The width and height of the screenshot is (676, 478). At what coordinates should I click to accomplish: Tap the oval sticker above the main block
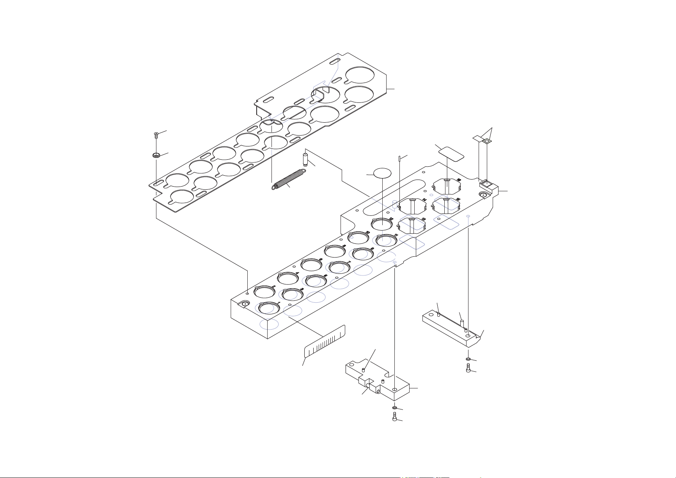click(x=382, y=173)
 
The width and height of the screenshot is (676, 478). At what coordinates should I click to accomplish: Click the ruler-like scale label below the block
click(x=325, y=342)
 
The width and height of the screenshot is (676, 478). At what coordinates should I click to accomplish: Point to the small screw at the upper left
click(x=156, y=135)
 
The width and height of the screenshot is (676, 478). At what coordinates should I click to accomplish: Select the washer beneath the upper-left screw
click(x=156, y=155)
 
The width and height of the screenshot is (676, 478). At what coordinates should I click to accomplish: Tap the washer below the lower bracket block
click(x=394, y=408)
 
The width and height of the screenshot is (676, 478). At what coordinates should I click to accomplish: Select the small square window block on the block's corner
click(x=486, y=183)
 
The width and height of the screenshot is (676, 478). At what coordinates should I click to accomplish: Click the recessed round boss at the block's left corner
click(x=245, y=304)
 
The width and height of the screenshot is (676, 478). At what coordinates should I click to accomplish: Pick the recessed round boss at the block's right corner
click(x=483, y=195)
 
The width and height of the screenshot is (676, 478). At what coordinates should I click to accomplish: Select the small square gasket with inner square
click(x=487, y=141)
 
